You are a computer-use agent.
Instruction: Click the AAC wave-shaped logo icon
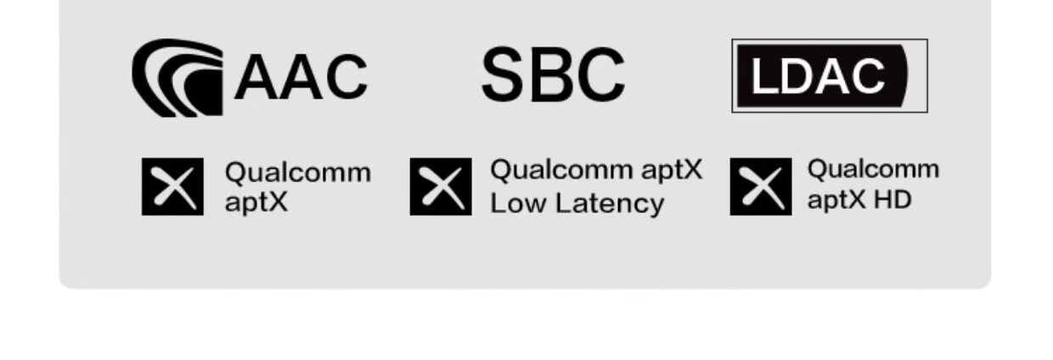pos(177,78)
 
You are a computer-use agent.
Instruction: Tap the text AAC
pos(301,76)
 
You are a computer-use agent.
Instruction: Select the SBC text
pos(553,75)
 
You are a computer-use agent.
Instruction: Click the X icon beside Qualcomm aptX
pos(172,187)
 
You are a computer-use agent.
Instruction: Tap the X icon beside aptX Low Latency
pos(441,187)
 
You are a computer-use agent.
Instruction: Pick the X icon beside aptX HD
pos(761,187)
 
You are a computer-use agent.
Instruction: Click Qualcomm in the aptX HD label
pos(873,169)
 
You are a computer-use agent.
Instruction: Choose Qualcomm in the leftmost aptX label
pos(297,172)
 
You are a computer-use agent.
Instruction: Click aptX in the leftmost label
pos(256,204)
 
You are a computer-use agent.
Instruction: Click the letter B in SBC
pos(553,75)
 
